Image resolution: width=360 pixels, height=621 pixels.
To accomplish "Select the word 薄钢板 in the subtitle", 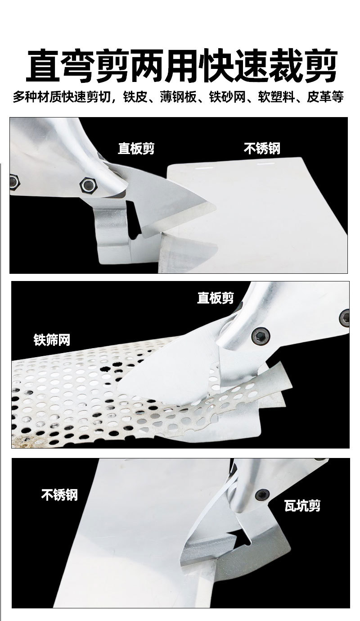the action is pos(178,97).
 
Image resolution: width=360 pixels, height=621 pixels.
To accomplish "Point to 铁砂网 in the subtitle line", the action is pos(227,97).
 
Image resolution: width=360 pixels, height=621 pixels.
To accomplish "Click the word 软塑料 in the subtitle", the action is pos(275,97).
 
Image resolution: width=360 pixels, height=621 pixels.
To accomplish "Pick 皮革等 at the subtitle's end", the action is pos(325,97).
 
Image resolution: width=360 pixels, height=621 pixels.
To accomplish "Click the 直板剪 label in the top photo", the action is pos(136,148).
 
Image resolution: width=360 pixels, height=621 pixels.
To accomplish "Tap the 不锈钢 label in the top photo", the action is pos(262,148).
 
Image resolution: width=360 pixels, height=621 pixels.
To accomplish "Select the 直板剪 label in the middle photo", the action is pos(216,298).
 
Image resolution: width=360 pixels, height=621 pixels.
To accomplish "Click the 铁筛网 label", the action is pos(52,340).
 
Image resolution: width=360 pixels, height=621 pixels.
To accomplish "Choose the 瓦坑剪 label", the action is pos(302,506).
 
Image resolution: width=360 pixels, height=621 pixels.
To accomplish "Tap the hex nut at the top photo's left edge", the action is pos(14,181).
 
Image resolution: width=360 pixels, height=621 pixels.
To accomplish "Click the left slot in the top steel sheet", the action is pos(204,168).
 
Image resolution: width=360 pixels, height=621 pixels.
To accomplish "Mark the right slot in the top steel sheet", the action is pos(265,163).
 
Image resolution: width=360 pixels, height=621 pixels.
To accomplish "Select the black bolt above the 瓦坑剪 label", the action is pos(262,494).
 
